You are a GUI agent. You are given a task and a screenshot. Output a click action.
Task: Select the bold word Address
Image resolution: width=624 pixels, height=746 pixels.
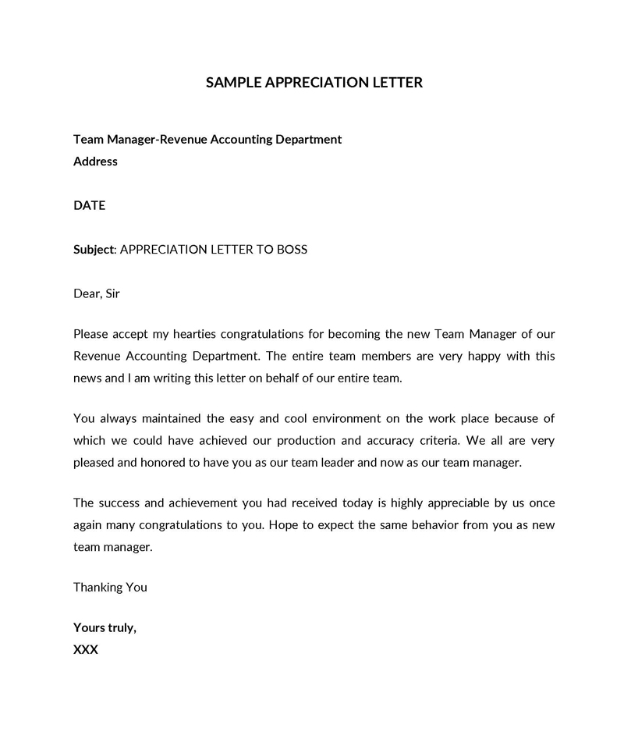tap(95, 162)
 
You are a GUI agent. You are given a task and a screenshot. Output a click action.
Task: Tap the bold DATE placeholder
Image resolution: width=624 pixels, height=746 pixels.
tap(89, 206)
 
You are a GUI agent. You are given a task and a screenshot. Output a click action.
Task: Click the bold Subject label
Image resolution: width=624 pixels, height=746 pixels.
tap(94, 250)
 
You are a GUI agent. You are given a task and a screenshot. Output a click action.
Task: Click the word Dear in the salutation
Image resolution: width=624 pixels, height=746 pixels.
tap(87, 294)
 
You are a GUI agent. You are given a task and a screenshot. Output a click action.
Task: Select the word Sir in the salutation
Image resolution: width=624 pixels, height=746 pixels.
tap(113, 294)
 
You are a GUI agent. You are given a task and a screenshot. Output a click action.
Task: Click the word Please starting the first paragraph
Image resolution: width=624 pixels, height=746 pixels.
tap(91, 334)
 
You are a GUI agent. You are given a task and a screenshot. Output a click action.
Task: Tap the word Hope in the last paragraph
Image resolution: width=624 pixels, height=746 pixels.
tap(283, 524)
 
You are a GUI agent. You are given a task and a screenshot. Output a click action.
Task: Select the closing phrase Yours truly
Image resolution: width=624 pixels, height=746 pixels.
tap(105, 627)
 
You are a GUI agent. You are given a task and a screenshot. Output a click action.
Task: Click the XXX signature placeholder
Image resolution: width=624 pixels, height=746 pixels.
tap(86, 649)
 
